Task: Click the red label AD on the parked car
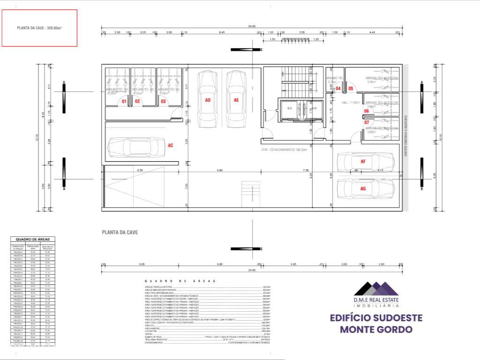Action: click(208, 100)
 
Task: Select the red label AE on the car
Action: click(236, 100)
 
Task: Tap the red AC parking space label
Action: click(171, 145)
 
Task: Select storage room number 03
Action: click(163, 101)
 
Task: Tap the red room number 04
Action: click(338, 88)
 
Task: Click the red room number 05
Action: click(351, 88)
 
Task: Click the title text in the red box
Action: click(39, 28)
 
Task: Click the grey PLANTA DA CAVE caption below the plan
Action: click(120, 232)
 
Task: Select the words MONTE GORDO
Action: click(376, 330)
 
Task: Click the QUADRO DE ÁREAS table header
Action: click(33, 239)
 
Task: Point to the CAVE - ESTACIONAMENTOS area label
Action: click(284, 150)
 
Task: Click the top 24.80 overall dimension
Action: click(252, 26)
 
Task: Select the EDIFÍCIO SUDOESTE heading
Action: click(376, 318)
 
